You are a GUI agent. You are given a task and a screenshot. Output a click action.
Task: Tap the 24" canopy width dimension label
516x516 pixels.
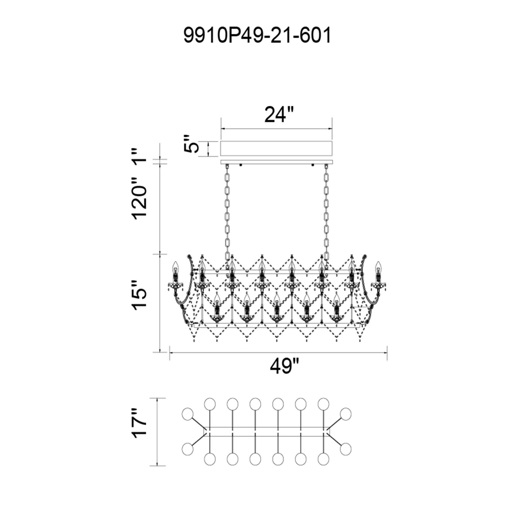279,114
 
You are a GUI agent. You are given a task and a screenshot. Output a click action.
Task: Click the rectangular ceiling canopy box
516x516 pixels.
276,149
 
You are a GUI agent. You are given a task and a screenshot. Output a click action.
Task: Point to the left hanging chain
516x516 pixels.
227,211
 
